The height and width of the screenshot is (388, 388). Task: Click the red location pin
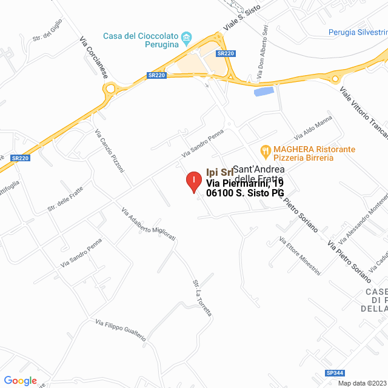tap(193, 181)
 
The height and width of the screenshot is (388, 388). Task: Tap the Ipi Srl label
tap(220, 172)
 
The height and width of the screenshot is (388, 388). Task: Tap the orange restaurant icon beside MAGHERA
tap(265, 150)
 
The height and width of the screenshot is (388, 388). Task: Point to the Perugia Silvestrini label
tap(358, 32)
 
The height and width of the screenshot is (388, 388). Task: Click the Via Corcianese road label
tap(93, 57)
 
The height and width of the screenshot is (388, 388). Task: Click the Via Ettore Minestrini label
tap(299, 256)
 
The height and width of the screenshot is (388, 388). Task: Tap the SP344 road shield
tap(335, 373)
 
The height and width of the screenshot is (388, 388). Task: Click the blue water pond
tap(264, 92)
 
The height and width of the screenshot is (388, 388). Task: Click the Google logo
tap(20, 381)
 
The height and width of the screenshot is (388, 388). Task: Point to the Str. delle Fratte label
tap(65, 200)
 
